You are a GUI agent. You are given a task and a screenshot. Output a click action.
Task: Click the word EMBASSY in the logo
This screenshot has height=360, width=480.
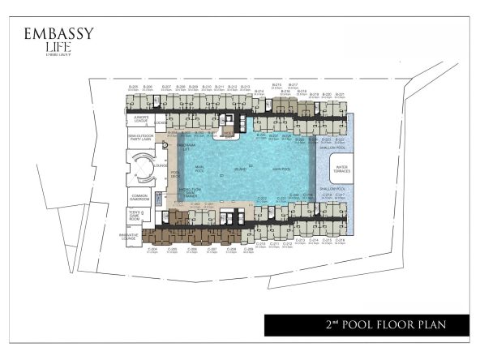(x=58, y=35)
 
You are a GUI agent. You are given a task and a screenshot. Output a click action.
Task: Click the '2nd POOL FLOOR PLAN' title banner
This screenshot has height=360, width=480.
(x=366, y=325)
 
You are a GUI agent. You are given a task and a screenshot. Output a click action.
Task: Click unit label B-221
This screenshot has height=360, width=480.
(x=341, y=95)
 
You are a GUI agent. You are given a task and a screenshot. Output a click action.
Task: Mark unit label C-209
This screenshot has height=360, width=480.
(x=248, y=250)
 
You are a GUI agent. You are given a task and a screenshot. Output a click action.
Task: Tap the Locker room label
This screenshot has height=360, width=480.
(x=161, y=123)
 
